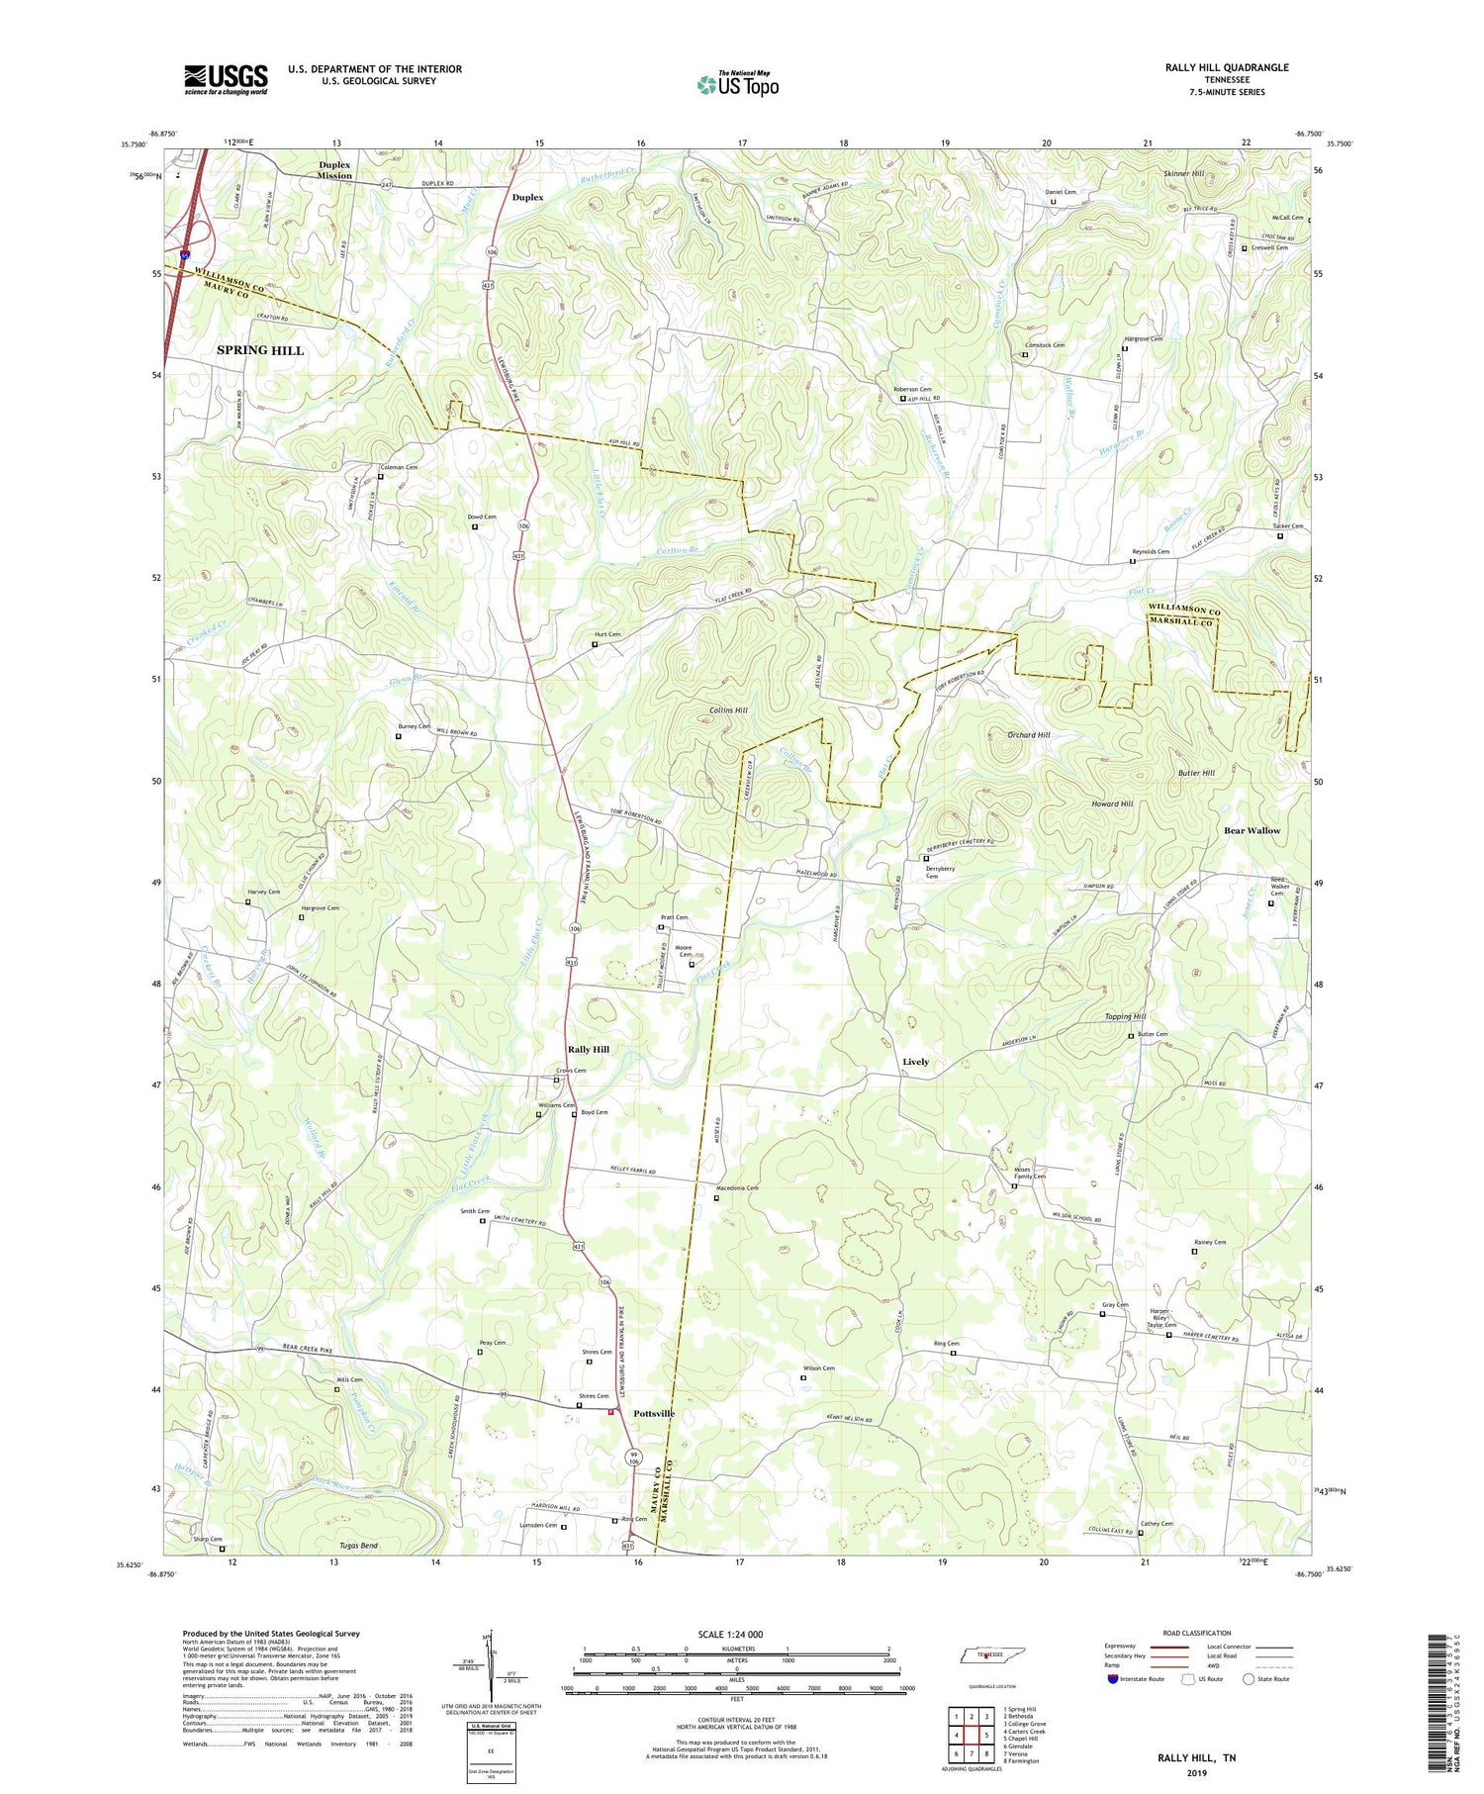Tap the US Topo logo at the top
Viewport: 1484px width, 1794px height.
(737, 85)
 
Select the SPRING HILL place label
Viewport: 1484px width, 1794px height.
(260, 350)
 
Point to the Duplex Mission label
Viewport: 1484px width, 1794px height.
(334, 170)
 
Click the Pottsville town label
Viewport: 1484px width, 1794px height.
(654, 1413)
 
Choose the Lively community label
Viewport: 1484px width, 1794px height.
(915, 1062)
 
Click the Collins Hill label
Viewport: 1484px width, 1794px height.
(728, 710)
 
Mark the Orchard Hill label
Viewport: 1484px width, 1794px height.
(1028, 735)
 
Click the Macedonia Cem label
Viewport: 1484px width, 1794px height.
(737, 1187)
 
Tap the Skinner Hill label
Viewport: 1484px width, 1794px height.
(1183, 173)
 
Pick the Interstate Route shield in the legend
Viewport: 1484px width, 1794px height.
(1113, 1678)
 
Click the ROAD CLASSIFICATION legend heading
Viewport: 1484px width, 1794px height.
(1197, 1633)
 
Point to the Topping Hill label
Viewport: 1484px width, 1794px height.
(1125, 1016)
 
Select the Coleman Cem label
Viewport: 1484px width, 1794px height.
(400, 467)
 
